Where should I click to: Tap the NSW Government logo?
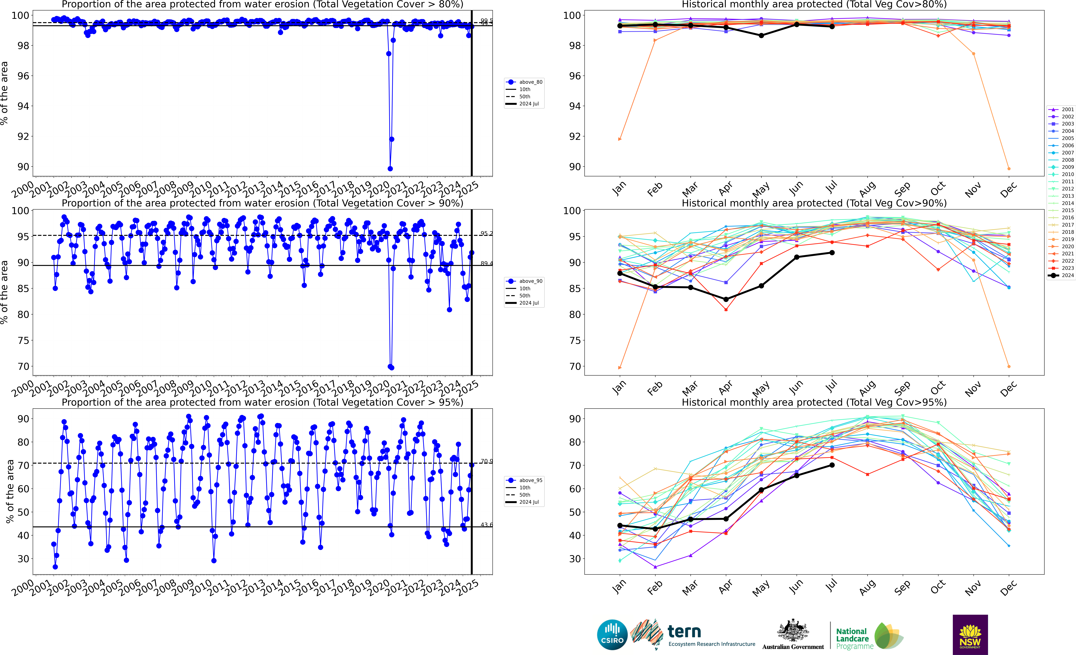970,634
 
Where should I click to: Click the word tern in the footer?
684,631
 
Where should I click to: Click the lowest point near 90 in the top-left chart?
390,169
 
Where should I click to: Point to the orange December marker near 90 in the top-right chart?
1009,169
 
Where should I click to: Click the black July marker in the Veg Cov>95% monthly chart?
832,465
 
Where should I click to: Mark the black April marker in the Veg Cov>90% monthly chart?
726,300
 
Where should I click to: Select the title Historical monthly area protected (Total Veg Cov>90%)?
814,203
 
